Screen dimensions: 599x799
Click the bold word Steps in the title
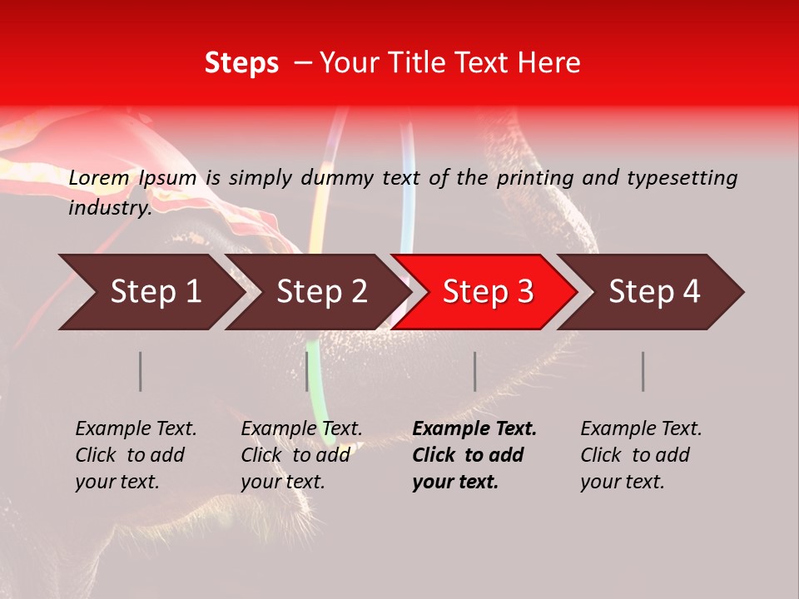click(241, 63)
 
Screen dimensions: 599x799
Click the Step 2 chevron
click(321, 292)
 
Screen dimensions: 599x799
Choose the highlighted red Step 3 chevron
click(488, 292)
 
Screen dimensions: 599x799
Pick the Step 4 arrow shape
click(654, 292)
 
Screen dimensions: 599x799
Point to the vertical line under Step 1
click(141, 371)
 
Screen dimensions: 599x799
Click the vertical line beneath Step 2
click(307, 371)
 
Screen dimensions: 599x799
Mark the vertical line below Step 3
click(475, 371)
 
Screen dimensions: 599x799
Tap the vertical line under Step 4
click(643, 371)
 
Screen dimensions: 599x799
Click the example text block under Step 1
click(136, 455)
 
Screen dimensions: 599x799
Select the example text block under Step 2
click(301, 455)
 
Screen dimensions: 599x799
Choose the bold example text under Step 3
click(474, 455)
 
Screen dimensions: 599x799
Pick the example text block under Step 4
click(641, 455)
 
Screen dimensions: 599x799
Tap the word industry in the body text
click(109, 208)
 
